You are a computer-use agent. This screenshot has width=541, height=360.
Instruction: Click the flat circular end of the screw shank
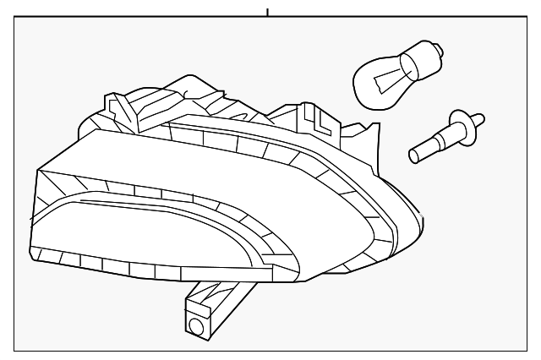click(413, 155)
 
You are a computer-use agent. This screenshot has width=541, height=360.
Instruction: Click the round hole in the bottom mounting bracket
click(197, 326)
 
